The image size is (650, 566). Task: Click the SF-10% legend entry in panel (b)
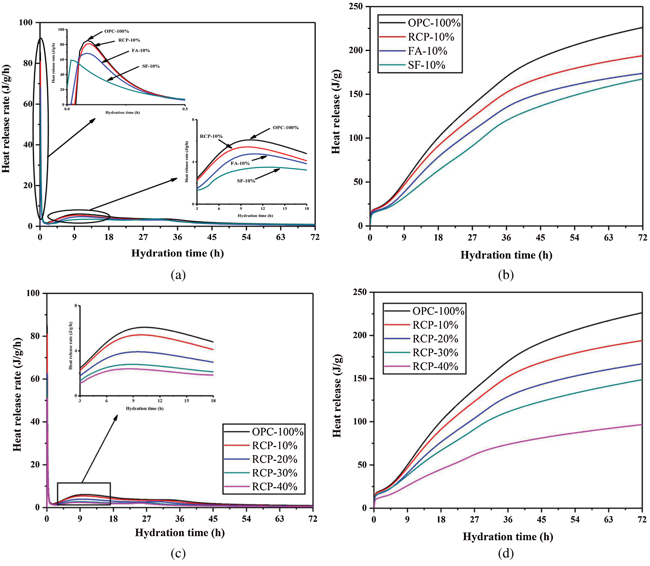(426, 65)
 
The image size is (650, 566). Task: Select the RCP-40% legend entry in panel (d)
(435, 366)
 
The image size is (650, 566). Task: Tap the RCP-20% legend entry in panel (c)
(274, 459)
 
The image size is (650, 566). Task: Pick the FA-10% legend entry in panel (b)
(427, 51)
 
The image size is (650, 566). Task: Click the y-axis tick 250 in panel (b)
(356, 6)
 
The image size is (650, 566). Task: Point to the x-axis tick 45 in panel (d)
(541, 519)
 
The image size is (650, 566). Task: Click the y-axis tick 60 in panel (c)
(35, 379)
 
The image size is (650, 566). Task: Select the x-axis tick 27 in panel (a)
(143, 237)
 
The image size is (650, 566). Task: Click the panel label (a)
(178, 275)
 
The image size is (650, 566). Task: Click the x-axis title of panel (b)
(506, 255)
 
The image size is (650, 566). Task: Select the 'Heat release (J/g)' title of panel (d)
(337, 396)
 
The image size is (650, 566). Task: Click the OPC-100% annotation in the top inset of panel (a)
(117, 31)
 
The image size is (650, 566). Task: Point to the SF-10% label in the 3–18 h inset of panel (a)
(246, 181)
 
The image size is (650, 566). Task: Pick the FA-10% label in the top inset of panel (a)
(141, 51)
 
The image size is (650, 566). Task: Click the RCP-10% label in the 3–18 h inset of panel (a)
(211, 136)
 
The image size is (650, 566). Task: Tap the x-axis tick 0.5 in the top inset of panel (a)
(185, 109)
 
